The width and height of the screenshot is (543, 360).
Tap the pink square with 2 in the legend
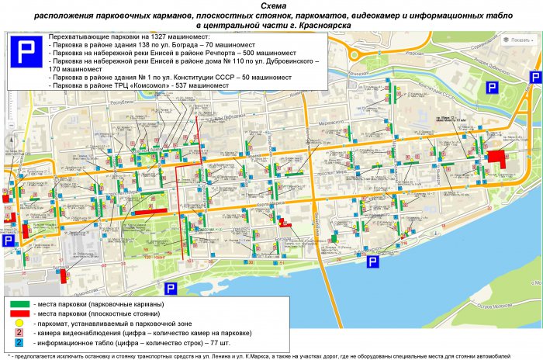click(20, 331)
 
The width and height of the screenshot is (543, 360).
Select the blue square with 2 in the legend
click(20, 341)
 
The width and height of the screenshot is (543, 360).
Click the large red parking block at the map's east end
click(496, 157)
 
